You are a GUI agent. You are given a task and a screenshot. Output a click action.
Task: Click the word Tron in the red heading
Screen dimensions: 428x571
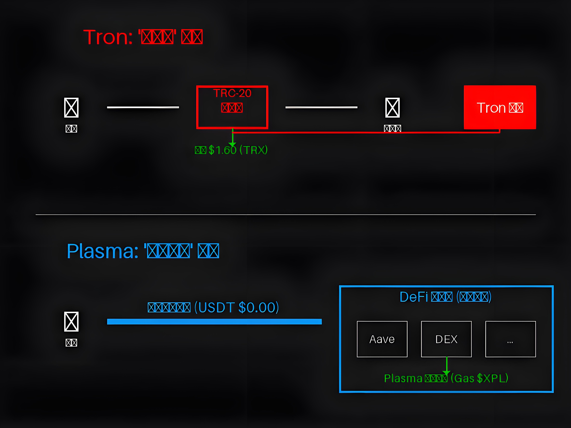(108, 37)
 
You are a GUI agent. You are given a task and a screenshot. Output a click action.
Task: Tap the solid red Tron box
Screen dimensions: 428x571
(500, 107)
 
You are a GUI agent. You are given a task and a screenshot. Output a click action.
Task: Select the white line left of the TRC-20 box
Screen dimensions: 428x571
(143, 107)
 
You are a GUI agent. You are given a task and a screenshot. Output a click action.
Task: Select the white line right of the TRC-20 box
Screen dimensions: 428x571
(321, 107)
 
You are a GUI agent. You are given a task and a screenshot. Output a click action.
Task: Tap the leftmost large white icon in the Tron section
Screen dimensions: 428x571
(71, 108)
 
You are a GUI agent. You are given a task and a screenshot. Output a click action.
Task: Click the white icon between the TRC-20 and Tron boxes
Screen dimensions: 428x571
(392, 108)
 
